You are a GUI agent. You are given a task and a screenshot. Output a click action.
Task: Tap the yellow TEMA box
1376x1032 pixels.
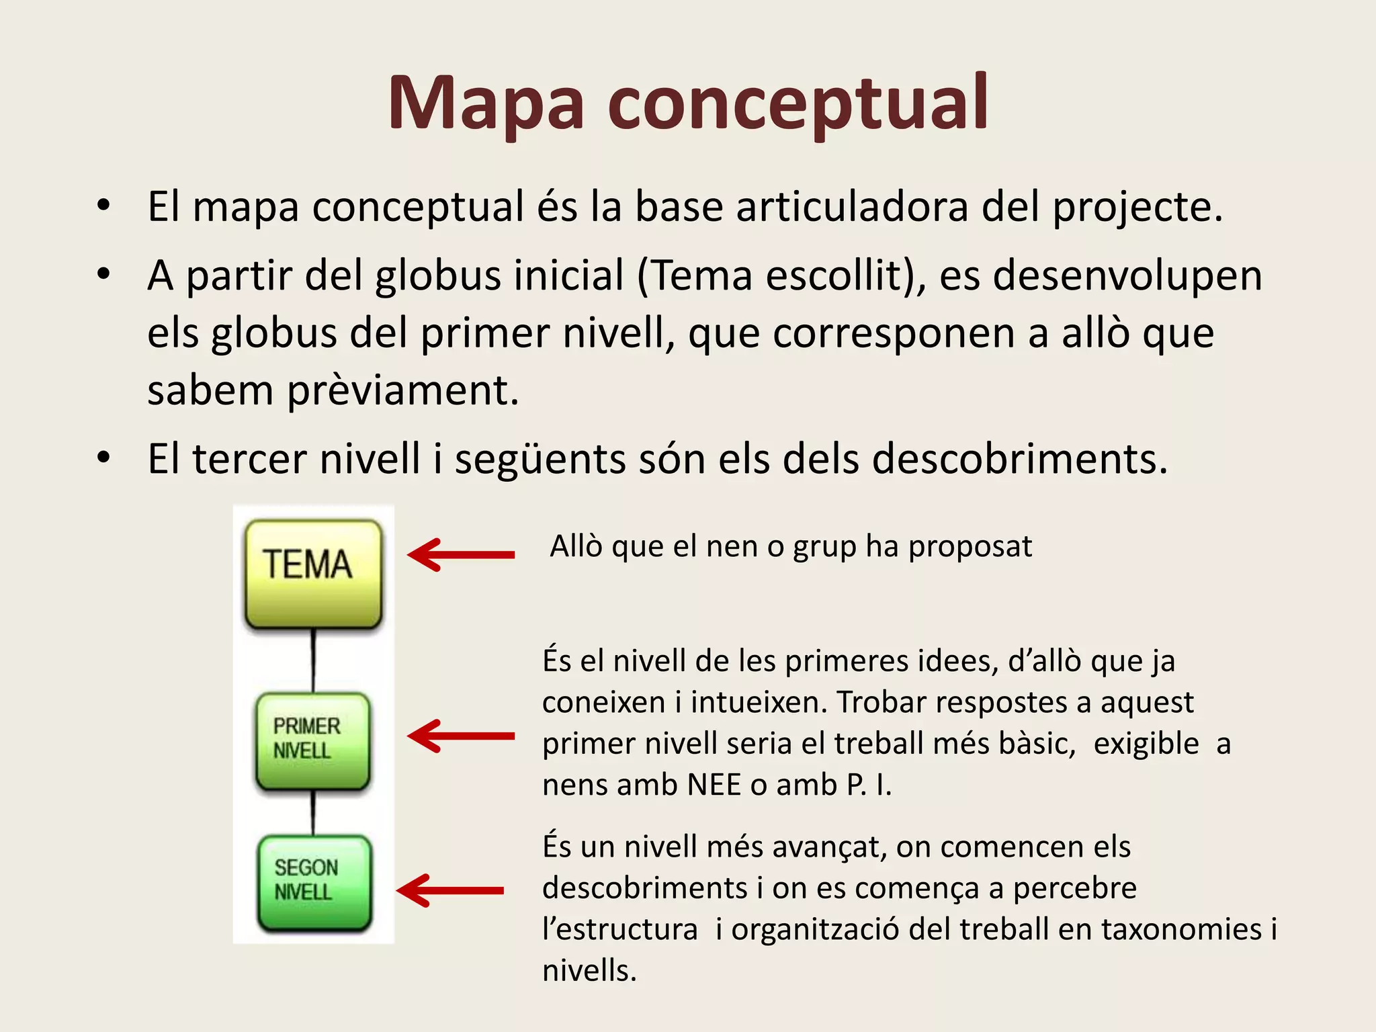pos(313,573)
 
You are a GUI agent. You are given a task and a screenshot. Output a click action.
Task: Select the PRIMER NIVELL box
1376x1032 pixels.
pos(312,740)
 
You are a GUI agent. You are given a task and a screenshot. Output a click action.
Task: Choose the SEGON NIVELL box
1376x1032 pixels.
pos(314,882)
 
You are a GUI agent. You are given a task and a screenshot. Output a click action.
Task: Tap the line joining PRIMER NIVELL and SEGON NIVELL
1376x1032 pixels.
pos(313,812)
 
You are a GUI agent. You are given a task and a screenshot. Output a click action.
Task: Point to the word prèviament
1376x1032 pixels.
pos(402,390)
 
